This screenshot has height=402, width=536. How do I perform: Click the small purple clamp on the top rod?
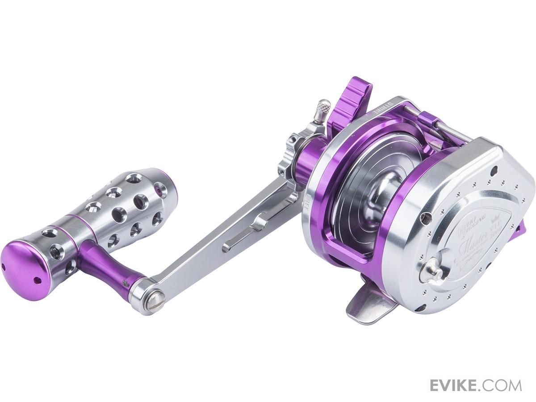click(425, 117)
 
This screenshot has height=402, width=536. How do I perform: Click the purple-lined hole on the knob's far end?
click(159, 191)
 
